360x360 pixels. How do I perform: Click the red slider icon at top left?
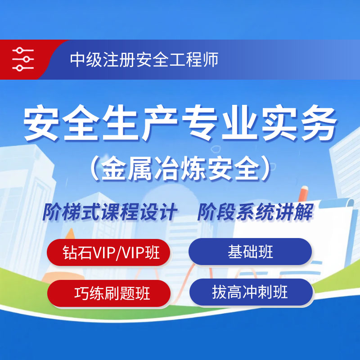tap(23, 59)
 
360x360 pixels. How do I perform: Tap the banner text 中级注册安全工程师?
tap(144, 60)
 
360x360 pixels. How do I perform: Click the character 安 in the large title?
tap(41, 122)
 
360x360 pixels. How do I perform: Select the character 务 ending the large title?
tap(319, 122)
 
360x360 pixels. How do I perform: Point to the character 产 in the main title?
tap(160, 122)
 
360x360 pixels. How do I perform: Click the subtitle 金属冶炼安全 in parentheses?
tap(181, 169)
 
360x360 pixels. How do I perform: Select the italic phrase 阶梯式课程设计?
tap(109, 212)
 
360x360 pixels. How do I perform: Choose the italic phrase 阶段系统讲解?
tap(255, 212)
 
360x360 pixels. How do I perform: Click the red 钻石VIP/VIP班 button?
tap(108, 252)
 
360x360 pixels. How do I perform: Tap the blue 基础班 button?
tap(250, 252)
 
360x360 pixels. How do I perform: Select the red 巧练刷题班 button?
tap(109, 293)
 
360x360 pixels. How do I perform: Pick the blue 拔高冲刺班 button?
tap(251, 292)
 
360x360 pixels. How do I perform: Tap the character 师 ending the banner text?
tap(210, 60)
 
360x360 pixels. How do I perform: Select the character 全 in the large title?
tap(81, 122)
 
